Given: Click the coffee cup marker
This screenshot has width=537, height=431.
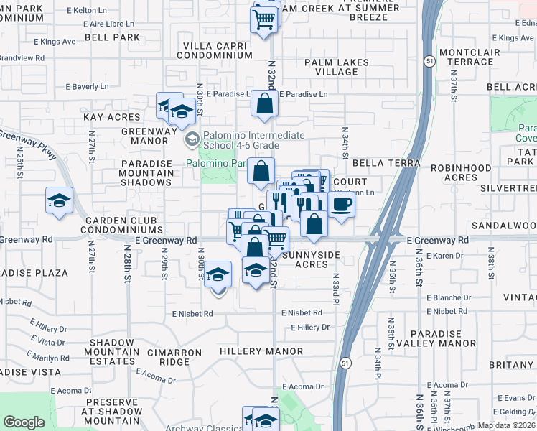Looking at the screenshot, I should [x=342, y=205].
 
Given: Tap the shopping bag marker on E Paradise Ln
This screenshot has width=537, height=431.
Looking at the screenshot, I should [x=265, y=103].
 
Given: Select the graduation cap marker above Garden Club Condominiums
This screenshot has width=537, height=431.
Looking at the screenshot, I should [x=59, y=200].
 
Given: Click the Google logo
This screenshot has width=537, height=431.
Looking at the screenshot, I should [x=24, y=422].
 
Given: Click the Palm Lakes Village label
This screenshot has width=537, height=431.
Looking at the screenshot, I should [x=336, y=68].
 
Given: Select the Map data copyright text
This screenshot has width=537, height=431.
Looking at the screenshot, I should [x=506, y=425].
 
